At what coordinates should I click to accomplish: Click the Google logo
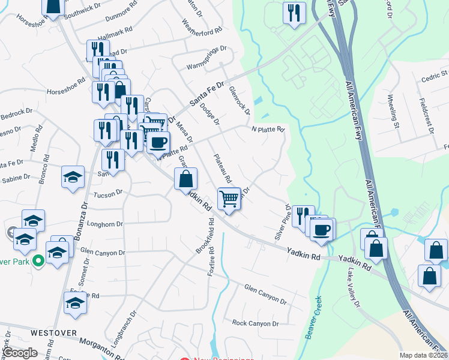(20, 352)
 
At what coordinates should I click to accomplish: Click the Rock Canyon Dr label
(256, 323)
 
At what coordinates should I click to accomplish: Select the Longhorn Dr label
(105, 224)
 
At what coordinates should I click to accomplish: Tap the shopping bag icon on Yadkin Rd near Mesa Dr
(185, 178)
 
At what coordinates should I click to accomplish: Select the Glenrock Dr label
(239, 100)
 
